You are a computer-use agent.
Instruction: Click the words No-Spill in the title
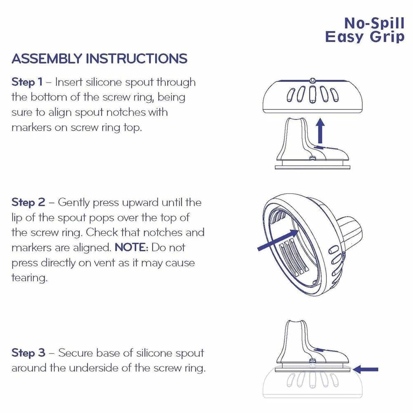point(374,24)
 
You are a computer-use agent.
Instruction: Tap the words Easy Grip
point(365,37)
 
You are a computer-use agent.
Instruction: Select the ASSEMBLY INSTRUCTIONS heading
point(99,59)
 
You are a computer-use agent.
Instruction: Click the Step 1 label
point(27,82)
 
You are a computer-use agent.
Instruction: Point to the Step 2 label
point(28,202)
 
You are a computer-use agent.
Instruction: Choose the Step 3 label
point(28,353)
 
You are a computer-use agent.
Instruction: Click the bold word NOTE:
point(130,247)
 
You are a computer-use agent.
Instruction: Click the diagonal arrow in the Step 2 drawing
point(278,240)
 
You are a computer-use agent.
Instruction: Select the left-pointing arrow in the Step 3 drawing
point(365,369)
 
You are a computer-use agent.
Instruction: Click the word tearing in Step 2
point(30,278)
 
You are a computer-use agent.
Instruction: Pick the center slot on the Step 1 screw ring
point(312,94)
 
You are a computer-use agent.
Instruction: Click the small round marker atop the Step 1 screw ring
point(312,80)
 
